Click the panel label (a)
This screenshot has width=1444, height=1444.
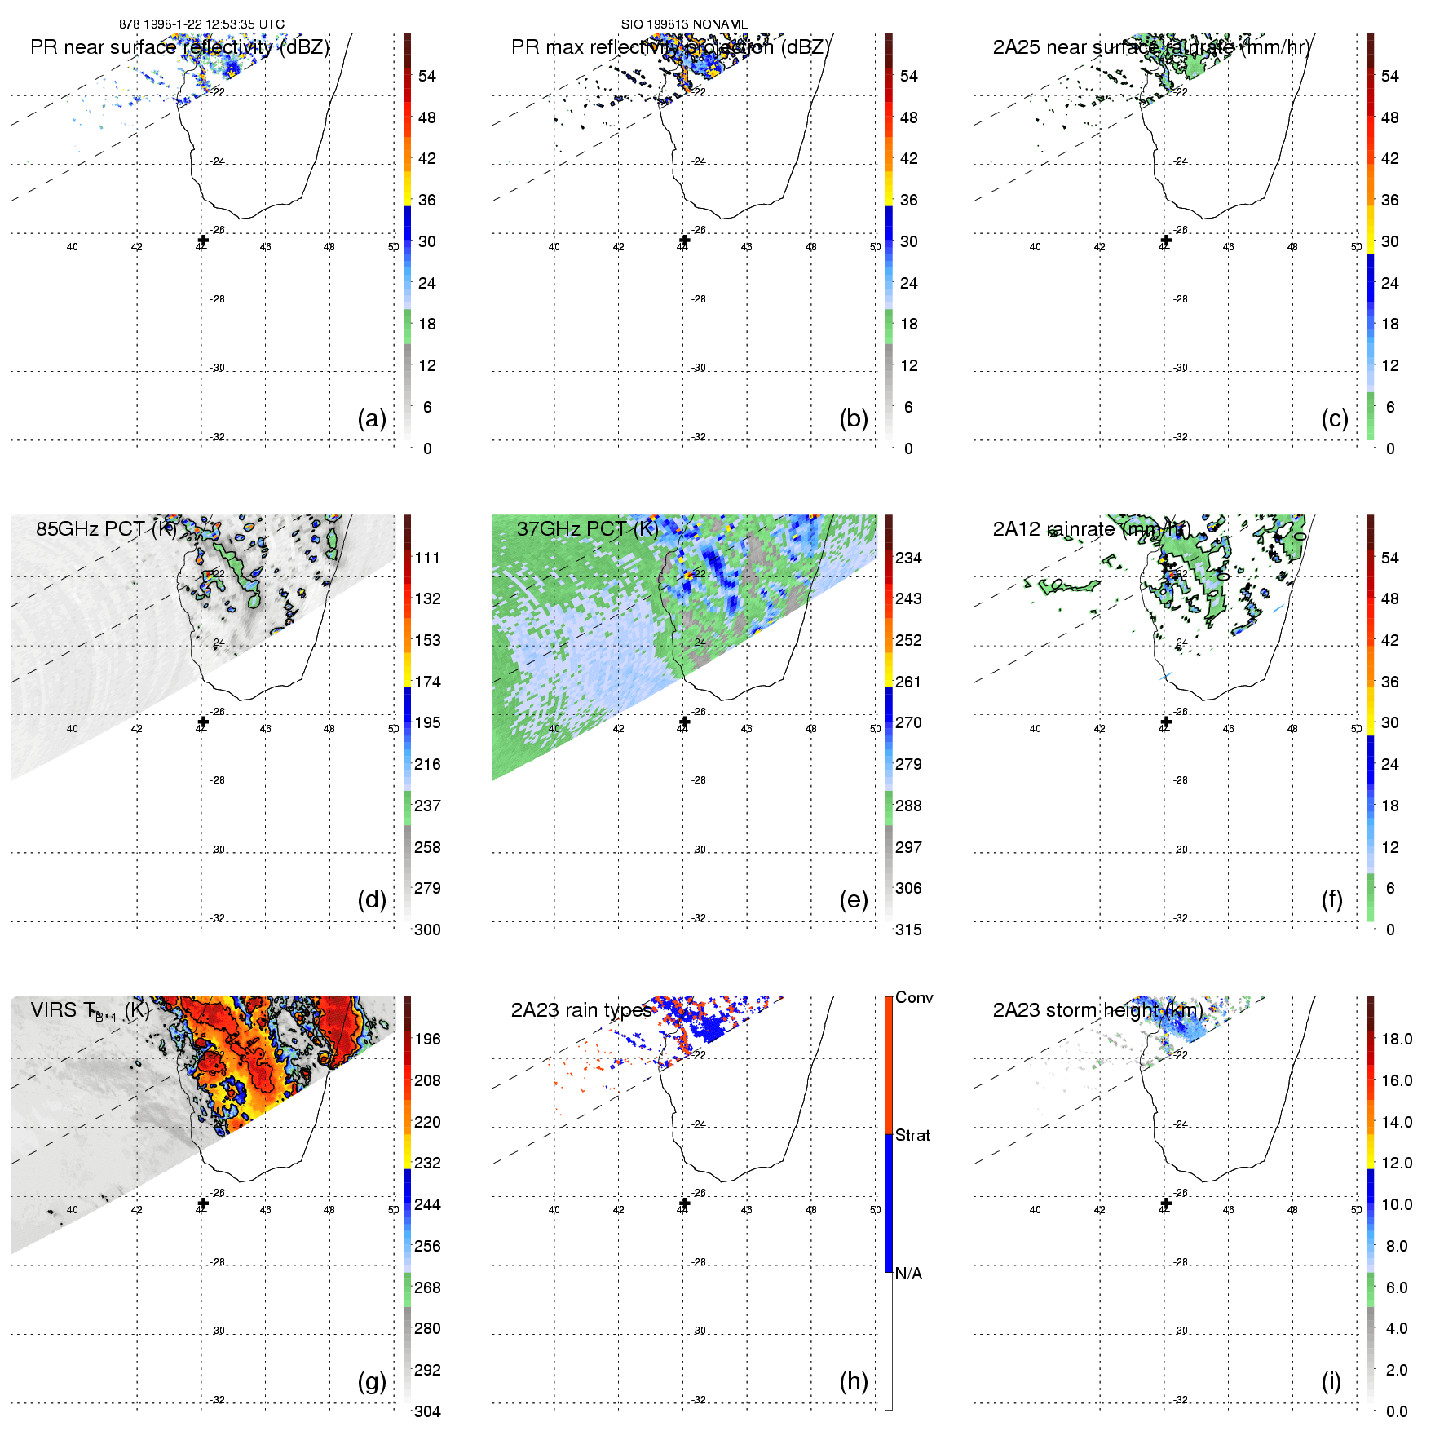click(371, 418)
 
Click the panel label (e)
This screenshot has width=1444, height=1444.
click(853, 899)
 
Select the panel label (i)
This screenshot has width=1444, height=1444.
click(1331, 1381)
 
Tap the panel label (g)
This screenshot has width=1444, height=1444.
click(371, 1381)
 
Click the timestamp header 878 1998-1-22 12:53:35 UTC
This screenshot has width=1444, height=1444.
click(201, 24)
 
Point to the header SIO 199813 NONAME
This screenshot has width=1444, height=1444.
click(684, 24)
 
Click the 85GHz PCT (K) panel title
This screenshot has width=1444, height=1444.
click(106, 528)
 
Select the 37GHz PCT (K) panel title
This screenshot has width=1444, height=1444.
click(587, 528)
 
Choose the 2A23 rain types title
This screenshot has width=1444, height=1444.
click(581, 1010)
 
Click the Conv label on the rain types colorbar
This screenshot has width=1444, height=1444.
click(913, 997)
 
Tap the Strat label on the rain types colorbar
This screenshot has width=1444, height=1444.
click(912, 1135)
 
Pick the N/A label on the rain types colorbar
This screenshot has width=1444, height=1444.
click(908, 1274)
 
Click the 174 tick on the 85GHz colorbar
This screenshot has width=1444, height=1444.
click(427, 682)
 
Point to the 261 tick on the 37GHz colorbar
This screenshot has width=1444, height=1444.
click(908, 682)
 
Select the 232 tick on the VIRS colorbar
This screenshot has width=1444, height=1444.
click(427, 1163)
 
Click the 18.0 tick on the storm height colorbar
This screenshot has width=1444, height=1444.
click(1396, 1039)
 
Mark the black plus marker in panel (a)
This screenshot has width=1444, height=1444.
click(203, 240)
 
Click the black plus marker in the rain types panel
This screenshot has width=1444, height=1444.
click(684, 1203)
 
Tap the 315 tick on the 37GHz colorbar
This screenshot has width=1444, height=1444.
click(908, 930)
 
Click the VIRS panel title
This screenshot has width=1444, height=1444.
click(90, 1010)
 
